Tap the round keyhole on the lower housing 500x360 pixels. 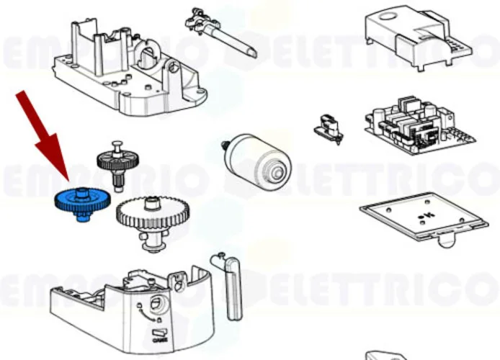pos(155,303)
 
